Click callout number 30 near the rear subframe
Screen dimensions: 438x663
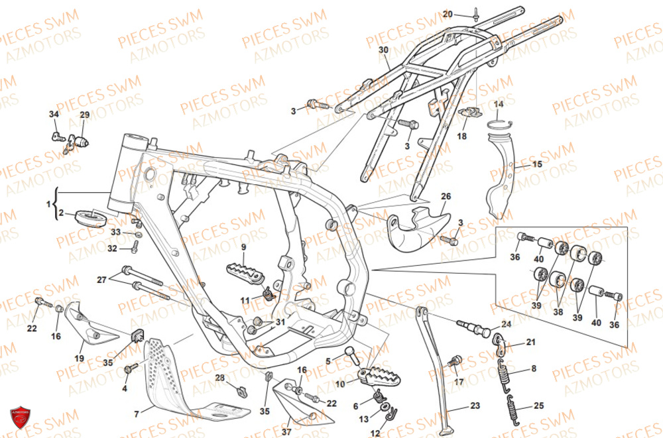coord(383,50)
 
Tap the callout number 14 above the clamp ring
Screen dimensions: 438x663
coord(499,104)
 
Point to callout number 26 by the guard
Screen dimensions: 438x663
coord(446,196)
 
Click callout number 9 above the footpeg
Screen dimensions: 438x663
coord(243,247)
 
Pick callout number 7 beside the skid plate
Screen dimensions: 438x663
coord(137,414)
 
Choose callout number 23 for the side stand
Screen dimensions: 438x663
coord(474,406)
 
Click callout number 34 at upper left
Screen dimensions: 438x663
coord(54,115)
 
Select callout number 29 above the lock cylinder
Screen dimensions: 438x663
coord(84,115)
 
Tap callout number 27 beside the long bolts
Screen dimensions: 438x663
coord(101,280)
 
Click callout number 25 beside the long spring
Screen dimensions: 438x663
coord(538,406)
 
